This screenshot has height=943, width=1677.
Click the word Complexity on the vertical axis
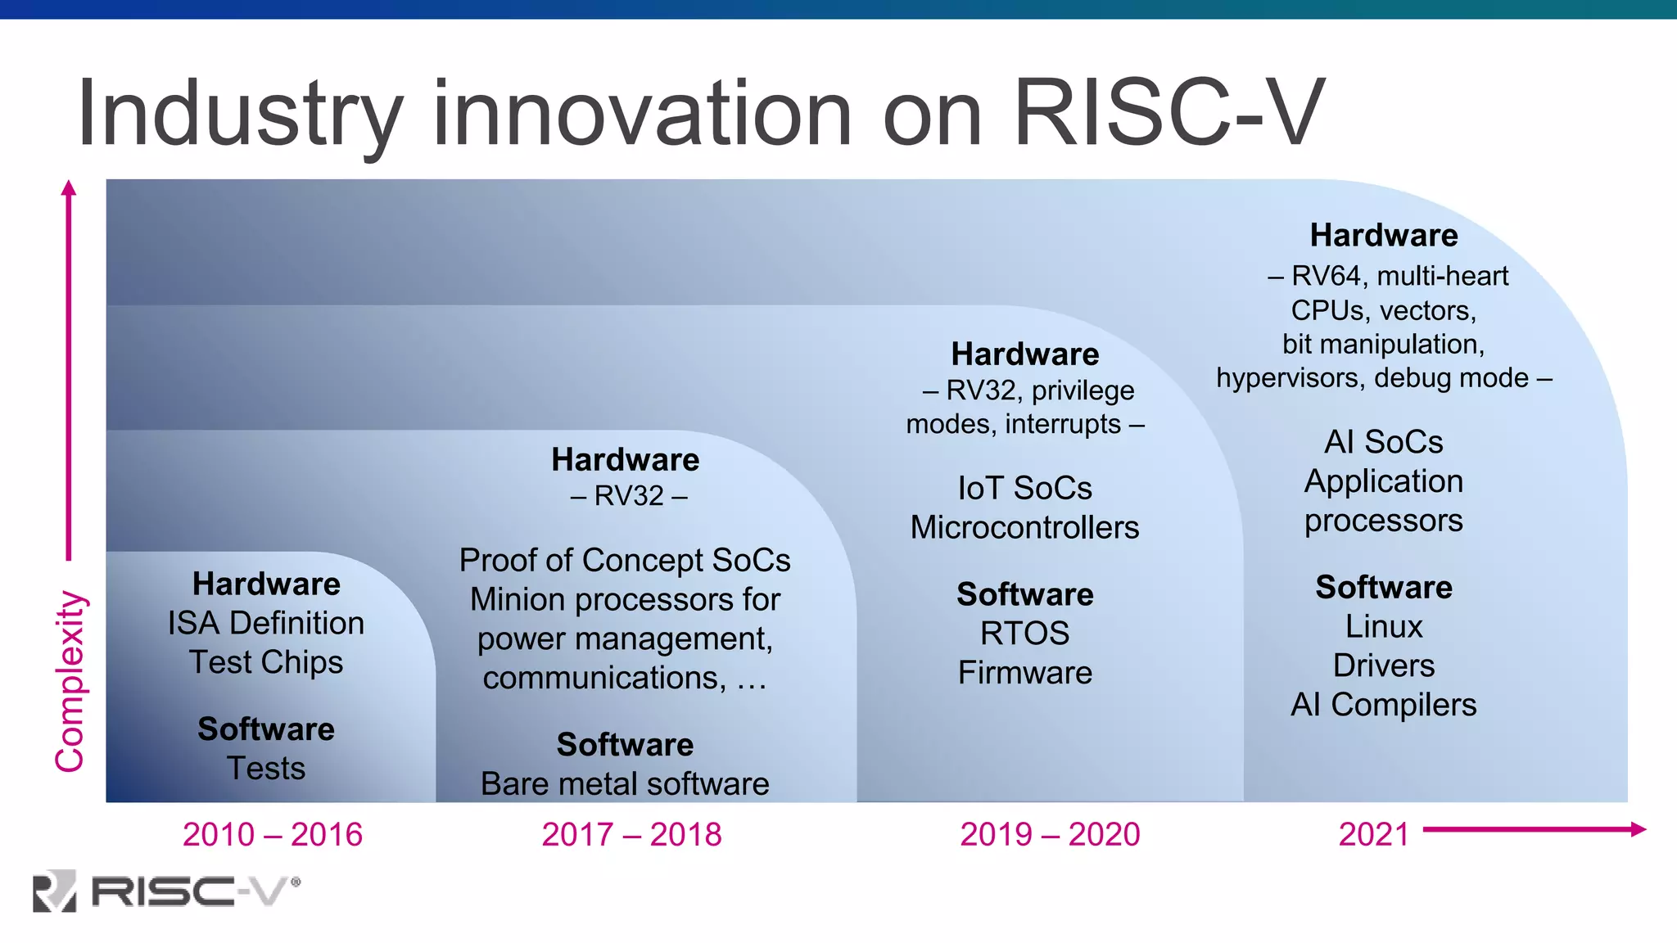coord(70,681)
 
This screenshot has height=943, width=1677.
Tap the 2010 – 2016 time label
coord(272,834)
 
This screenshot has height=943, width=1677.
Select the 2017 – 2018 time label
coord(631,834)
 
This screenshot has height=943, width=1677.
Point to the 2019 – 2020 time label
coord(1050,834)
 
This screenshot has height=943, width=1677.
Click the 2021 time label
coord(1373,834)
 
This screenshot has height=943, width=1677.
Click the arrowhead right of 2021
coord(1638,829)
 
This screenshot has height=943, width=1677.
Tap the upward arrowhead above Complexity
coord(69,188)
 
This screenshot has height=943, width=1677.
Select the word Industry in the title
coord(239,115)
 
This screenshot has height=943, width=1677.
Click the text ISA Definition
coord(266,623)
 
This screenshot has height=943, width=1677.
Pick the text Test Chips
coord(266,662)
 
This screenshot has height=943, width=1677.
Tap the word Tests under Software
coord(266,768)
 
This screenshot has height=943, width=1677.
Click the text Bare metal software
coord(625,783)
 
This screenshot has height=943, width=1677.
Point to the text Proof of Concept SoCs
coord(625,561)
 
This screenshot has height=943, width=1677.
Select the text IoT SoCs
coord(1024,488)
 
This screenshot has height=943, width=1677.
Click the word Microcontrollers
coord(1024,527)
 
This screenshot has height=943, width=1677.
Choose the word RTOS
coord(1024,633)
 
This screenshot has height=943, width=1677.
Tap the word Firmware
coord(1024,672)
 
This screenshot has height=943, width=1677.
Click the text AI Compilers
coord(1383,705)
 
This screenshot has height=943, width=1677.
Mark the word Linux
coord(1384,626)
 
